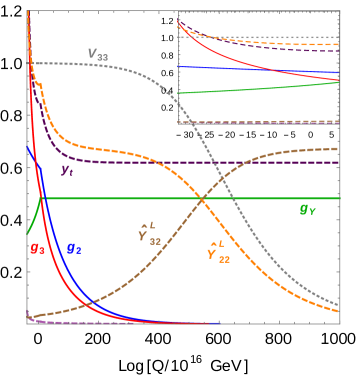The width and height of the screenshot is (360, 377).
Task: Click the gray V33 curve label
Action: [x=98, y=54]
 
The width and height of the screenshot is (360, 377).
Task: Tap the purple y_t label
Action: [x=67, y=170]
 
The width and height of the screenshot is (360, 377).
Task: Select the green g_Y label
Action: [x=308, y=210]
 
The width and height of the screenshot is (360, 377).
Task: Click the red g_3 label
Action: [x=37, y=248]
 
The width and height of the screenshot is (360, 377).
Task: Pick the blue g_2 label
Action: [x=73, y=248]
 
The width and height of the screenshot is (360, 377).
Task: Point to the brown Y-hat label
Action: [x=149, y=234]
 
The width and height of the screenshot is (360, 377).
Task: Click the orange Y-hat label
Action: [x=218, y=253]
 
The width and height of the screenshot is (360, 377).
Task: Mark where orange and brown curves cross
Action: [x=202, y=200]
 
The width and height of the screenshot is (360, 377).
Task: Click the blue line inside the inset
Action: [x=260, y=70]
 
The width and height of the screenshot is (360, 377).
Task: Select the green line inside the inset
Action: [x=260, y=89]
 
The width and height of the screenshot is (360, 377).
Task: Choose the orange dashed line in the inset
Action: [x=300, y=44]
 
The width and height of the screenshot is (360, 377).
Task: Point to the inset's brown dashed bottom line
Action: [x=260, y=122]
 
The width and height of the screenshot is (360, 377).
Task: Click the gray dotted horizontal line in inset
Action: [x=260, y=37]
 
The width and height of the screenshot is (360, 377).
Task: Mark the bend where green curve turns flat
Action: [x=41, y=198]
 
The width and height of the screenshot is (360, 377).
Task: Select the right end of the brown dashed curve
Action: [x=338, y=149]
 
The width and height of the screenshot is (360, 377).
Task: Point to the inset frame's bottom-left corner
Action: [x=178, y=124]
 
